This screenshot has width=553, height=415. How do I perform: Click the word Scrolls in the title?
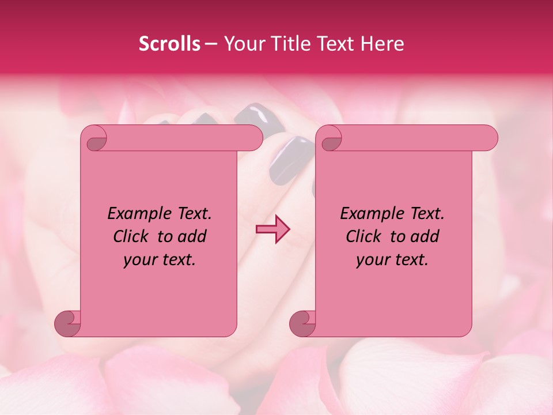tap(169, 44)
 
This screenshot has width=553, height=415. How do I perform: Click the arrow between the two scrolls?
tap(273, 229)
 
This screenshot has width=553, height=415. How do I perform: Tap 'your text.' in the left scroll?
tap(160, 260)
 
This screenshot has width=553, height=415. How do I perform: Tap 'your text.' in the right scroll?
tap(392, 260)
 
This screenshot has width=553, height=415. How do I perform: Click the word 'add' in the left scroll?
tap(194, 236)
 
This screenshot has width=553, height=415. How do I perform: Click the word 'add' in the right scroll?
tap(426, 236)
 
